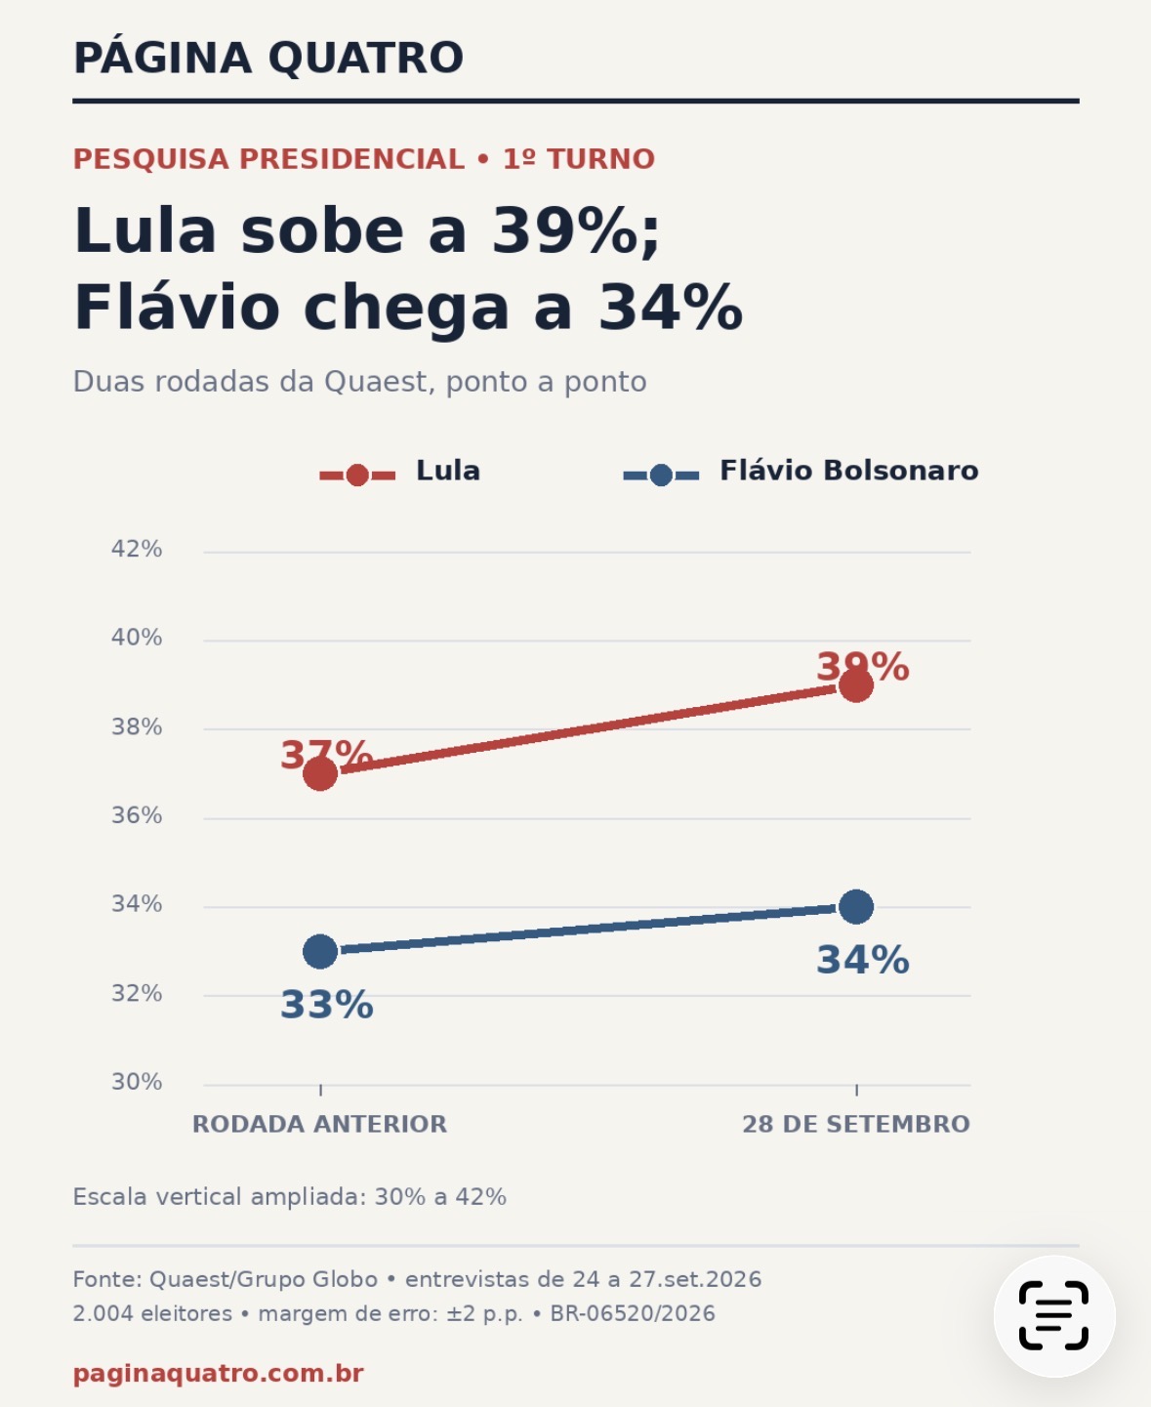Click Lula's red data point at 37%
(x=320, y=774)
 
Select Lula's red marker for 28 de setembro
(x=856, y=685)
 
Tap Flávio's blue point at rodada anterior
(x=320, y=951)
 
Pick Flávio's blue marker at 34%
(x=856, y=907)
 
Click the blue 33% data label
(x=327, y=1005)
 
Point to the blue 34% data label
(x=863, y=960)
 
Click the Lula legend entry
(x=399, y=472)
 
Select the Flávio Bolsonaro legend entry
(x=801, y=472)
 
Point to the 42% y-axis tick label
(x=137, y=549)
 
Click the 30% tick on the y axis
(x=137, y=1082)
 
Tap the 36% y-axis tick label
(x=137, y=815)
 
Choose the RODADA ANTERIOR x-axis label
(x=319, y=1124)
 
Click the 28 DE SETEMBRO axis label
(x=856, y=1124)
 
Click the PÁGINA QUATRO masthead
(x=268, y=58)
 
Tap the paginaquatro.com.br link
(x=218, y=1374)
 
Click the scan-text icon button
(x=1054, y=1315)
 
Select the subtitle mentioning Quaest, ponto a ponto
(x=359, y=383)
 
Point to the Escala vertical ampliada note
(x=290, y=1197)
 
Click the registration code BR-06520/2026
(x=633, y=1313)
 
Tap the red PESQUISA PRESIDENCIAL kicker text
(x=268, y=159)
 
